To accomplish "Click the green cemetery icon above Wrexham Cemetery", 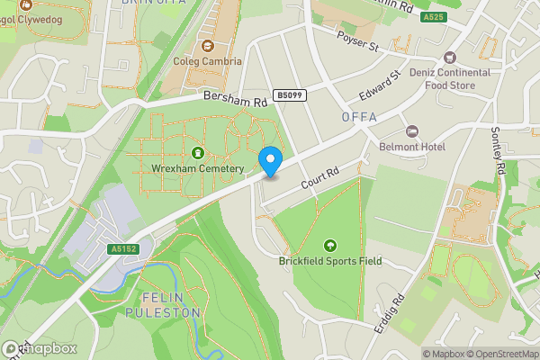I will pos(198,153).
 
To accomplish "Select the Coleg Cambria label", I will pos(208,62).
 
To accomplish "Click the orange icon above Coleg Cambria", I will pos(208,46).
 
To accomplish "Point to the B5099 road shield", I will pos(288,94).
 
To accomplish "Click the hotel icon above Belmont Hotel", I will pos(413,131).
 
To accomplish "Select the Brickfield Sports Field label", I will pos(329,262).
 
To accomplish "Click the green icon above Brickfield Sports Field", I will pos(329,245).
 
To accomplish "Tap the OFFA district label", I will pos(359,117).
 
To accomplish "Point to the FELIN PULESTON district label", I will pos(171,305).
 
